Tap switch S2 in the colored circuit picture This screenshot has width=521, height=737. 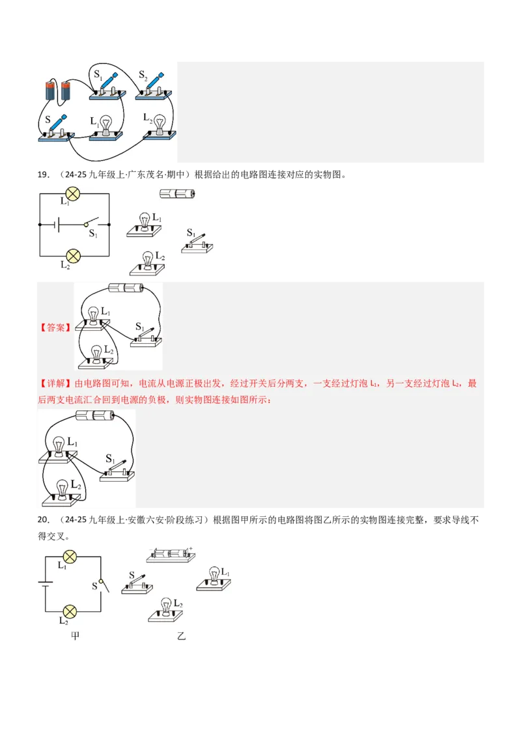click(154, 89)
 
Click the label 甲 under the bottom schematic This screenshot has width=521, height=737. click(75, 635)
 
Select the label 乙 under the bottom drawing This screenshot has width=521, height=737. click(181, 635)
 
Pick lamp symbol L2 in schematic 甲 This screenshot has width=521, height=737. click(69, 611)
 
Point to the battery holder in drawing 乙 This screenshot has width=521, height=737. click(170, 555)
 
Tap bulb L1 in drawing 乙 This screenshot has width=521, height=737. click(213, 577)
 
